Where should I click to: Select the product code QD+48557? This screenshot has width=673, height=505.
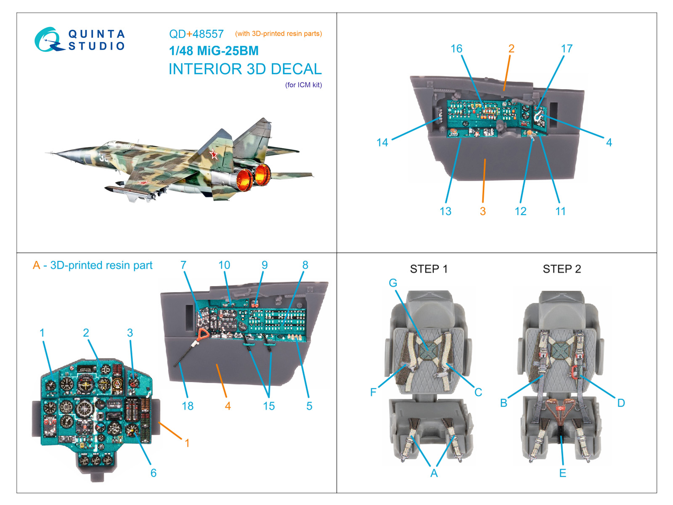196,34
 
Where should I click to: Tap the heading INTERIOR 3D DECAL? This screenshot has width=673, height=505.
245,69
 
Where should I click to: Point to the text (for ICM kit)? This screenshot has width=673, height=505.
303,85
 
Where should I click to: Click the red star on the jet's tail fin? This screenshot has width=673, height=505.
214,155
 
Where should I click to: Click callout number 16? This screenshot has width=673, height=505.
456,49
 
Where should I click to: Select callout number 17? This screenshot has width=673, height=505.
567,49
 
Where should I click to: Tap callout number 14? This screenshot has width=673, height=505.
382,143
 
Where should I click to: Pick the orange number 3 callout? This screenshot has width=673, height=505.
483,211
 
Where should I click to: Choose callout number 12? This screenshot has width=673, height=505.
520,211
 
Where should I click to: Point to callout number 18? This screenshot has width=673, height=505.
188,406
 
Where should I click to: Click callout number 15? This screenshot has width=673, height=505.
269,406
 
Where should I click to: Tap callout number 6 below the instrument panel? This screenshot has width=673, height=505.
154,473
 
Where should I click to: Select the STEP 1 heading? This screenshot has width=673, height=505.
429,269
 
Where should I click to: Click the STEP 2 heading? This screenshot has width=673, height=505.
562,269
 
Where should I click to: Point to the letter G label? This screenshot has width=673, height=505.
393,283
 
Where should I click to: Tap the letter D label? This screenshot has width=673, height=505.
621,403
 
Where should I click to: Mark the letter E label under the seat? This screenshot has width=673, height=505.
562,473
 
